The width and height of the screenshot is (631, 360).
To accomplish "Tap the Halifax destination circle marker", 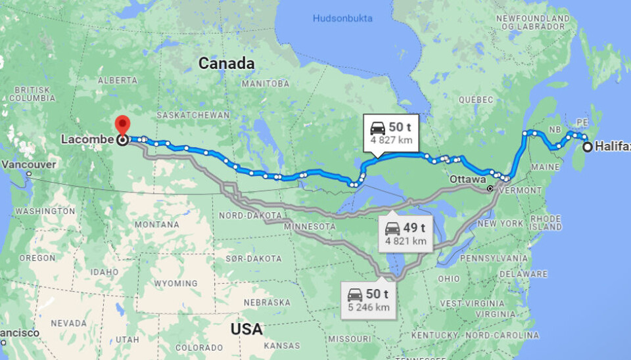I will pos(587,147).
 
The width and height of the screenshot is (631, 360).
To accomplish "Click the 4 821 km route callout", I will pos(406,234).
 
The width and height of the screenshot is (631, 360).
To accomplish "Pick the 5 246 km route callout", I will pos(368,300).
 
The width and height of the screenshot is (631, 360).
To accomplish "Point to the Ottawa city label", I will pos(467,179).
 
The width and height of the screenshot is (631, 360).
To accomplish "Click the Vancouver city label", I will pos(28,164).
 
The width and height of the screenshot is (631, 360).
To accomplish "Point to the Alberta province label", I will pos(118,80).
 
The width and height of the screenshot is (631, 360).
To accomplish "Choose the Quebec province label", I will pos(475,100).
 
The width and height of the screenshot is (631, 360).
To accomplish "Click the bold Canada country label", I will pos(226,64).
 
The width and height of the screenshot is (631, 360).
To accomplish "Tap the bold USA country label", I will pos(246,328).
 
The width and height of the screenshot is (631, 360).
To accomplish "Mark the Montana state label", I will pos(156,225).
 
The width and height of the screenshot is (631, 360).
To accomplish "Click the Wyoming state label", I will pos(175,283).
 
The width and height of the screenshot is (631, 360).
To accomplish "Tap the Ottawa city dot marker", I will pos(490,189).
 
